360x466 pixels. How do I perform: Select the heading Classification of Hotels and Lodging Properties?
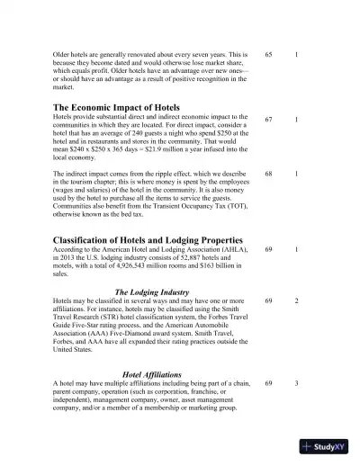[148, 240]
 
